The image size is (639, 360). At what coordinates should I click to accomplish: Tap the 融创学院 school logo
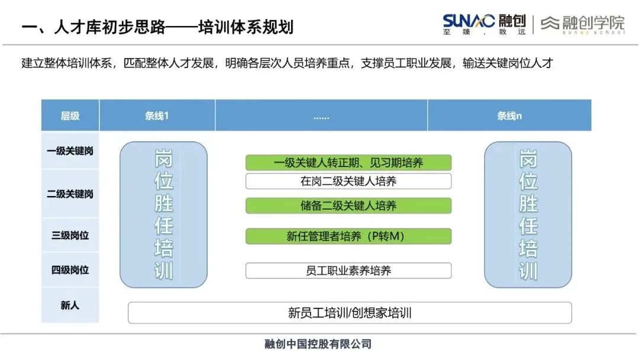pos(583,24)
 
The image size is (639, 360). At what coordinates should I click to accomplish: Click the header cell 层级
pos(70,115)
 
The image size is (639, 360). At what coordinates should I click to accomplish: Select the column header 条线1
pos(157,115)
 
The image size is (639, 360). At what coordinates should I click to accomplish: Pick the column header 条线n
pos(509,115)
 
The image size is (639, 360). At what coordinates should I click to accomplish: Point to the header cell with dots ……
pos(321,116)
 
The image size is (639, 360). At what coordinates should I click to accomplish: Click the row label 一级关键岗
pos(70,151)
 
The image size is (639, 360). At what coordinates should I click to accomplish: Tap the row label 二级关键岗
pos(70,194)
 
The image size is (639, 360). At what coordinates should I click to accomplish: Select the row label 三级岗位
pos(70,235)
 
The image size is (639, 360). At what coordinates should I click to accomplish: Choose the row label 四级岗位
pos(70,270)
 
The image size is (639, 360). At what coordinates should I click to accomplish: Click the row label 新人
pos(70,306)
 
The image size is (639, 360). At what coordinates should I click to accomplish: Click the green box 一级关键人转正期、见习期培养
pos(348,163)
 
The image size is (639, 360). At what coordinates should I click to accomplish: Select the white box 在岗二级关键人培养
pos(348,181)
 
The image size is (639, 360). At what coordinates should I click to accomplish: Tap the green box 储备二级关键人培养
pos(348,206)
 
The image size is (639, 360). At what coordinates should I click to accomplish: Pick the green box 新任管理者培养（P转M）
pos(348,236)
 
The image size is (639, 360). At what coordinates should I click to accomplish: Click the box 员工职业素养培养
pos(348,271)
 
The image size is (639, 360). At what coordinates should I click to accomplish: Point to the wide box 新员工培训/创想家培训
pos(350,313)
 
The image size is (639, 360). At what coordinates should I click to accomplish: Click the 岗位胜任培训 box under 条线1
pos(164,214)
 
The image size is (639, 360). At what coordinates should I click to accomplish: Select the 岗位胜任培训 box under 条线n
pos(528,214)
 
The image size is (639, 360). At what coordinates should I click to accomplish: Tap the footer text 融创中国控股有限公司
pos(318,344)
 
